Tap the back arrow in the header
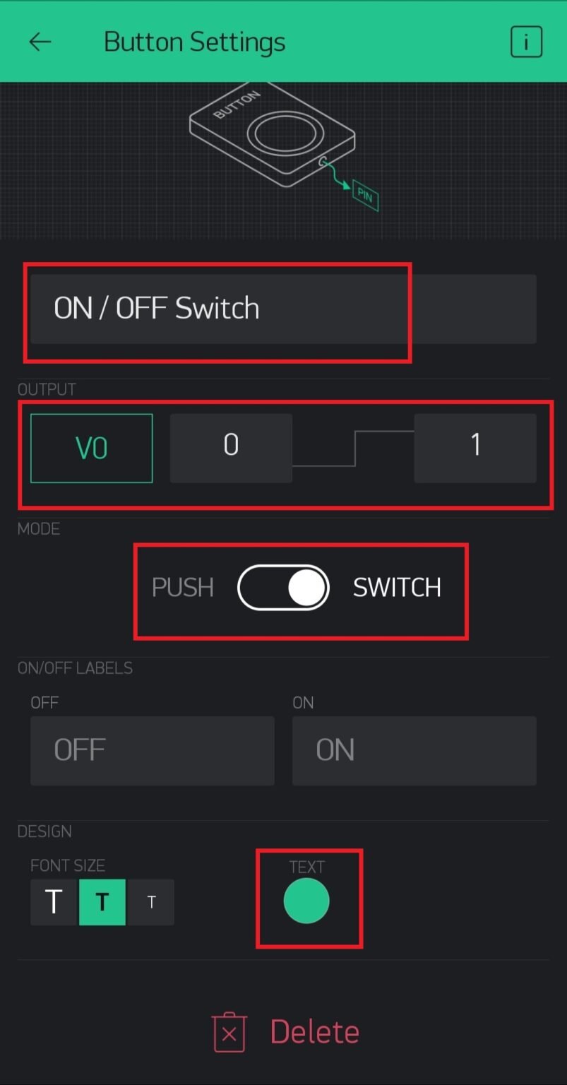pyautogui.click(x=40, y=42)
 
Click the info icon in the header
pyautogui.click(x=526, y=42)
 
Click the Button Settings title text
pyautogui.click(x=194, y=42)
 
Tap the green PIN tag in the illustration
pyautogui.click(x=365, y=195)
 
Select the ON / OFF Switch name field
pyautogui.click(x=282, y=309)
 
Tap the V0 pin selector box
pyautogui.click(x=91, y=448)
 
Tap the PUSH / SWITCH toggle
pyautogui.click(x=283, y=587)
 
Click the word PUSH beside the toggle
pyautogui.click(x=183, y=588)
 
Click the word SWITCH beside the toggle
pyautogui.click(x=397, y=588)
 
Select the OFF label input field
pyautogui.click(x=152, y=750)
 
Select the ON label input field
pyautogui.click(x=414, y=750)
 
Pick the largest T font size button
pyautogui.click(x=54, y=902)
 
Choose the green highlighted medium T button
pyautogui.click(x=102, y=902)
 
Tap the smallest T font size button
pyautogui.click(x=150, y=902)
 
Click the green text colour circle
pyautogui.click(x=306, y=901)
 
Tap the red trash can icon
pyautogui.click(x=229, y=1033)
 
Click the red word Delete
pyautogui.click(x=314, y=1032)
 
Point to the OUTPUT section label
pyautogui.click(x=47, y=389)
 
